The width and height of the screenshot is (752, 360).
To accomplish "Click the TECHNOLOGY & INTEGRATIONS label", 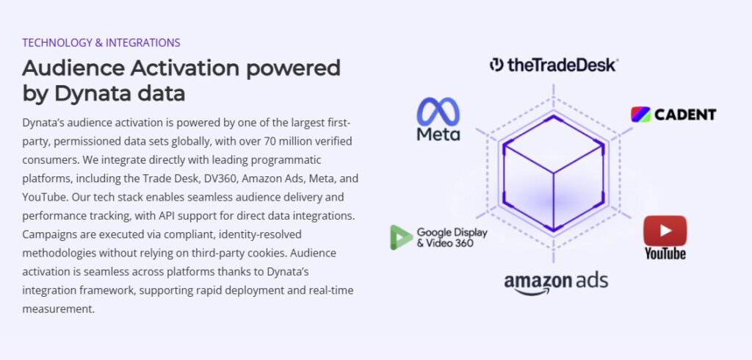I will [101, 43].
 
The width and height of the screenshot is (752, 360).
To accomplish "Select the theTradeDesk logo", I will [554, 65].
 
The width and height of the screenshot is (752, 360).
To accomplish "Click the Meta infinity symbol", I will [438, 112].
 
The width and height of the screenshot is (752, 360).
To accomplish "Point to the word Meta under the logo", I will [438, 134].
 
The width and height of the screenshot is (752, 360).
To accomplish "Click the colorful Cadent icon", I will [640, 115].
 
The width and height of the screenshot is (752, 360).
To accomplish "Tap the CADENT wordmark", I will [684, 115].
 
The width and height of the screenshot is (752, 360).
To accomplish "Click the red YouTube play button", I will [665, 231].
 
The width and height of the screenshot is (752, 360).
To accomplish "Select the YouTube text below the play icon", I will [665, 253].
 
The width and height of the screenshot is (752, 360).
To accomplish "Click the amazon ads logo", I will [556, 283].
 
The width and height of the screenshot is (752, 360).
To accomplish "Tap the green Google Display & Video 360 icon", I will [401, 237].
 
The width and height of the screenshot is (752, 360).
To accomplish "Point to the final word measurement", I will [58, 309].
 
